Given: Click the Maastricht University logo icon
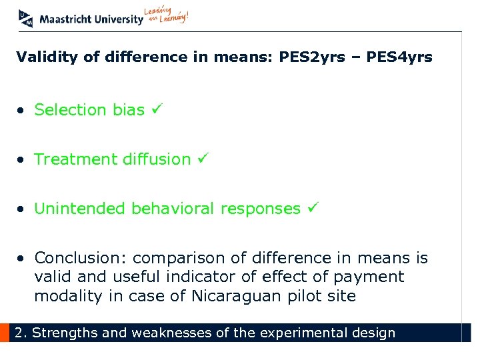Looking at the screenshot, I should coord(26,18).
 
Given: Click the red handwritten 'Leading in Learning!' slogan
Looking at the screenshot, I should coord(167,16).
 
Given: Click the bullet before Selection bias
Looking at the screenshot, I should coord(23,111).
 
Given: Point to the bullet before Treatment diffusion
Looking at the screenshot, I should coord(23,160).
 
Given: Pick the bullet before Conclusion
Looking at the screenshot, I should coord(23,259).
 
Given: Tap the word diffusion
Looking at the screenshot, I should coord(157,159).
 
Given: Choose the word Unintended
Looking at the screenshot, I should coord(80,209).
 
